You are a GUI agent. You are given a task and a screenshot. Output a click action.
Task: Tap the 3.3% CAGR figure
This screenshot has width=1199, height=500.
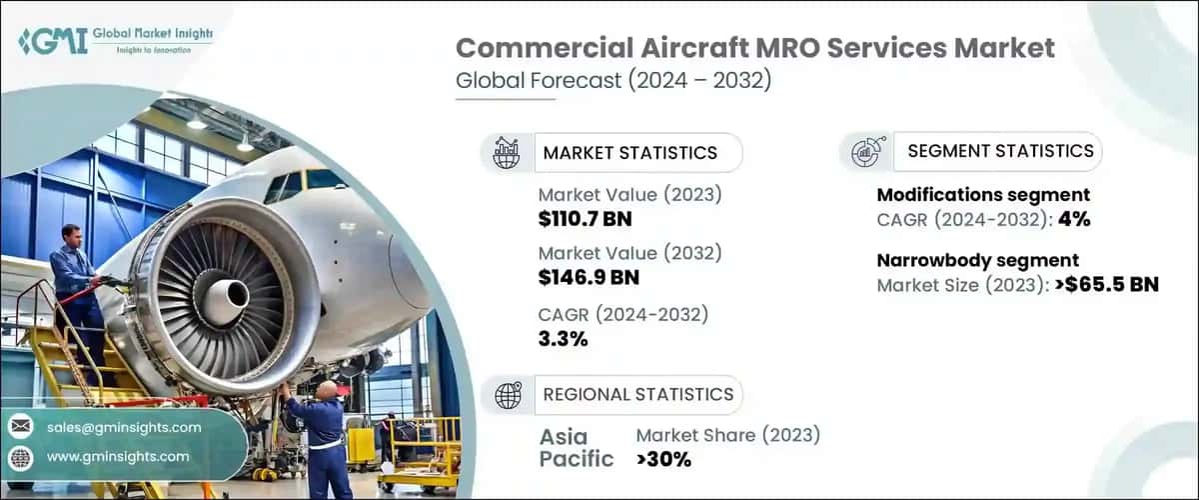563,338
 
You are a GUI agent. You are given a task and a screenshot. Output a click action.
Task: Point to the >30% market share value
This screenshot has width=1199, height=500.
663,459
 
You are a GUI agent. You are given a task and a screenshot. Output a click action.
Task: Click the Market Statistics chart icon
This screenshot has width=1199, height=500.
508,153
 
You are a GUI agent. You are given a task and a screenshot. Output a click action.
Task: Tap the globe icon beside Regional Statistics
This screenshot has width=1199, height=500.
509,394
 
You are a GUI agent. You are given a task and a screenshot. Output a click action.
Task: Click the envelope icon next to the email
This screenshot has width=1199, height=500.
21,427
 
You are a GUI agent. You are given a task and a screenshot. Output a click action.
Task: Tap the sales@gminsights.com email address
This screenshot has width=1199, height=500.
124,427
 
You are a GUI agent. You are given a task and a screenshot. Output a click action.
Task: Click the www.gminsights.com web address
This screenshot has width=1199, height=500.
118,456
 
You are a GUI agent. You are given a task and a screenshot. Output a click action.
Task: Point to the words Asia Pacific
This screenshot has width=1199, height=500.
578,448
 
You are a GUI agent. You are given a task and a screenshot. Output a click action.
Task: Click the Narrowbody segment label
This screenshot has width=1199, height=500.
977,261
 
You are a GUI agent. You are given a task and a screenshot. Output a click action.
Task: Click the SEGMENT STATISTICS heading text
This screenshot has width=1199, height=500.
1000,151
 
